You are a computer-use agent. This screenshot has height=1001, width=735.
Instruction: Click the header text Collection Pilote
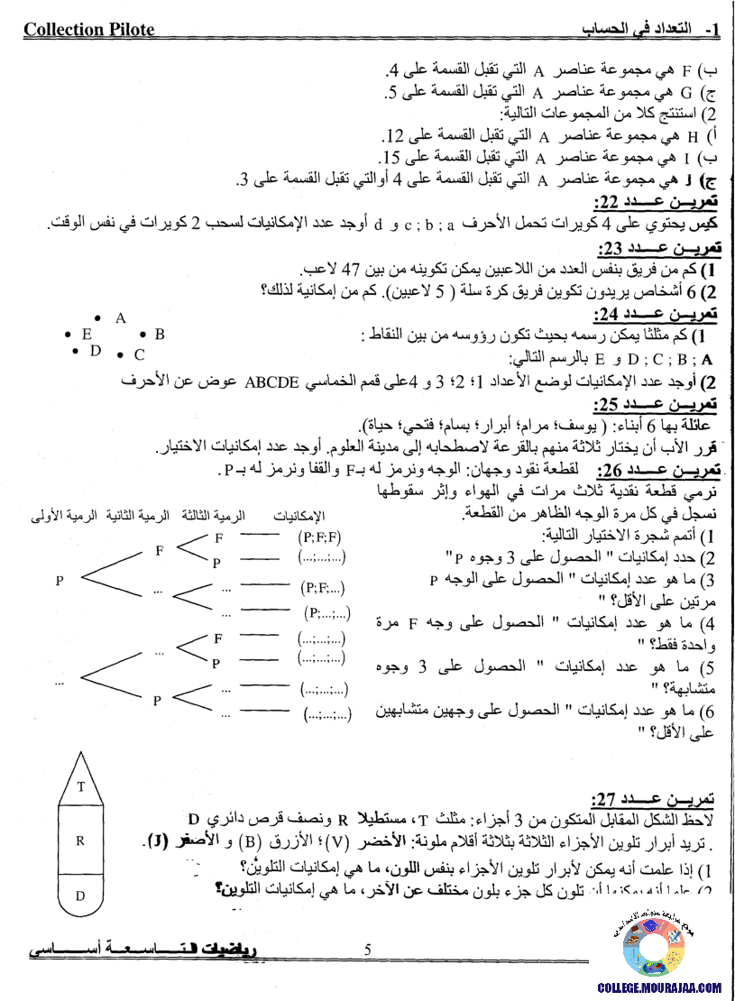[x=88, y=30]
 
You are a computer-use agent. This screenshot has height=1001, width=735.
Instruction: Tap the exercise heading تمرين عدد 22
[x=656, y=202]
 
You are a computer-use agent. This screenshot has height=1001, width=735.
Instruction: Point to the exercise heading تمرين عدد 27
[x=656, y=798]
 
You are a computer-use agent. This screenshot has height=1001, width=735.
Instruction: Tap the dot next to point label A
[x=97, y=317]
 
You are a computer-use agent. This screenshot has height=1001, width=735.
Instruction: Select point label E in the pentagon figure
[x=87, y=334]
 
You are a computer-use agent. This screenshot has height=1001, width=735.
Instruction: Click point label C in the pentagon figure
[x=139, y=355]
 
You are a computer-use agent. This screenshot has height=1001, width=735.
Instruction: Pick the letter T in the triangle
[x=80, y=786]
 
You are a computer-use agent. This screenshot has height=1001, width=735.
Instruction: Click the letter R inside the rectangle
[x=80, y=840]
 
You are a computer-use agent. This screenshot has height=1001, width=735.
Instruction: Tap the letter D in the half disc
[x=80, y=895]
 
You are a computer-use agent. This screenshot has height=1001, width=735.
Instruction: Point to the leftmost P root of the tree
[x=60, y=581]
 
